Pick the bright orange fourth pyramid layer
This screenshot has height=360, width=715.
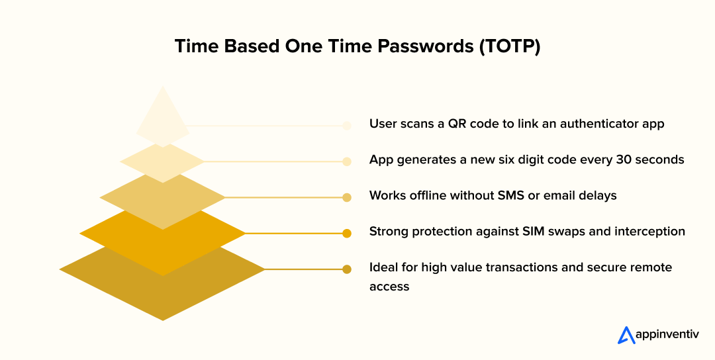click(162, 251)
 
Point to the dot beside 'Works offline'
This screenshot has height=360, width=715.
click(346, 197)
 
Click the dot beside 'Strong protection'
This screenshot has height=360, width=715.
click(346, 233)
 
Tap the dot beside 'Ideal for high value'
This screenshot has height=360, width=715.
click(346, 269)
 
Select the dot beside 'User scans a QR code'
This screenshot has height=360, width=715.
click(346, 125)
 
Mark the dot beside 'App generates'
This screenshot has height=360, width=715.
click(346, 161)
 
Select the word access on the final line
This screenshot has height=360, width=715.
click(389, 287)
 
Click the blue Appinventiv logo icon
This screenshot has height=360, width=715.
click(626, 336)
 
